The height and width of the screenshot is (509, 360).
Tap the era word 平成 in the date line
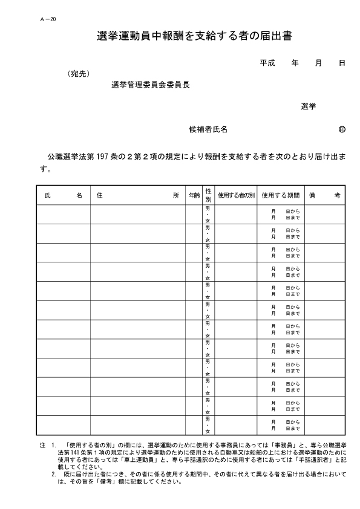click(267, 63)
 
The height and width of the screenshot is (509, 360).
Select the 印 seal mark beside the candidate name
click(342, 129)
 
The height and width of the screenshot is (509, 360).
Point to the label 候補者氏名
click(208, 129)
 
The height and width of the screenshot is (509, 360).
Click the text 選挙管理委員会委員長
click(151, 85)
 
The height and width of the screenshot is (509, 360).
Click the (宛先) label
click(79, 74)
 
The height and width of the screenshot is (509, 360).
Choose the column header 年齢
click(193, 195)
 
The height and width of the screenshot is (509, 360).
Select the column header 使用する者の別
click(237, 195)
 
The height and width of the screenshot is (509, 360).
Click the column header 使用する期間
click(281, 195)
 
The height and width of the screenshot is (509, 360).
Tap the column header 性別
click(208, 195)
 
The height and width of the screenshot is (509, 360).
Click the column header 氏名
click(64, 195)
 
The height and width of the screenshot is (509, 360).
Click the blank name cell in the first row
click(64, 214)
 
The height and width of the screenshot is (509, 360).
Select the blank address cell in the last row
click(137, 425)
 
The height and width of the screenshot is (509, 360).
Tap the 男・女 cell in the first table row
click(208, 214)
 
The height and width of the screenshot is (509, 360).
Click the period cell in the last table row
click(281, 425)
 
